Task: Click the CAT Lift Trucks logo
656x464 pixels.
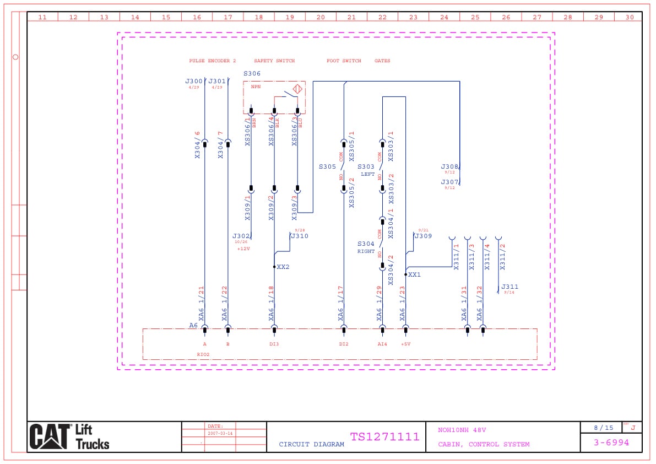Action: tap(69, 436)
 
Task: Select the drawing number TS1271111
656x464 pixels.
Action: tap(384, 437)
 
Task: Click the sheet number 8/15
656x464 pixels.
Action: tap(603, 428)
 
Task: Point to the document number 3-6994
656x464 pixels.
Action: tap(611, 443)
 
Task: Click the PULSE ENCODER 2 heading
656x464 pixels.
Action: tap(212, 61)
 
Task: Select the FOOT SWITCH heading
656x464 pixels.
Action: tap(344, 61)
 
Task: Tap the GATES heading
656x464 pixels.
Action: tap(382, 61)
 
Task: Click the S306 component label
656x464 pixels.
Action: tap(252, 73)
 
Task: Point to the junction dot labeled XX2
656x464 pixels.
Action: tap(274, 267)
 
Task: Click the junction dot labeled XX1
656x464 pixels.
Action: tap(406, 274)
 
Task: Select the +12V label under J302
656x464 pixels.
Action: tap(243, 249)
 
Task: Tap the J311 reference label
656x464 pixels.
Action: tap(509, 287)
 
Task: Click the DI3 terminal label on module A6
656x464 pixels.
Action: tap(274, 344)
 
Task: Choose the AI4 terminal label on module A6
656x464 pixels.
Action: tap(382, 344)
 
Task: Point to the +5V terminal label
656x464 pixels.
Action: tap(405, 344)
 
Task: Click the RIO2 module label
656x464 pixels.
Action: tap(203, 355)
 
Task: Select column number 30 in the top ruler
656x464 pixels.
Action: tap(630, 17)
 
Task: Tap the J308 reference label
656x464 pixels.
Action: tap(449, 166)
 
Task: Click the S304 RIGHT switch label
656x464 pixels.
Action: tap(366, 247)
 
